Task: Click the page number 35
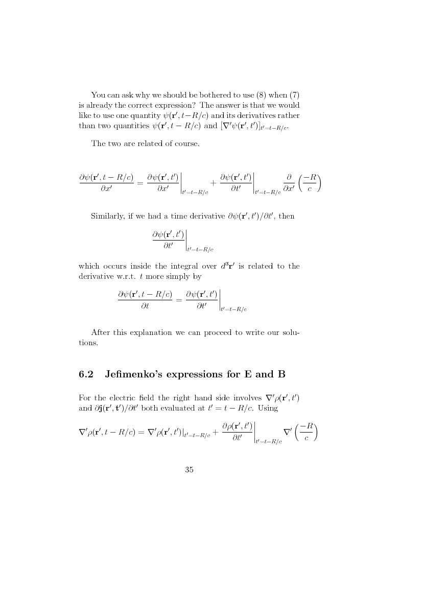tap(189, 470)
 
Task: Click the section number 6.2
tap(86, 374)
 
